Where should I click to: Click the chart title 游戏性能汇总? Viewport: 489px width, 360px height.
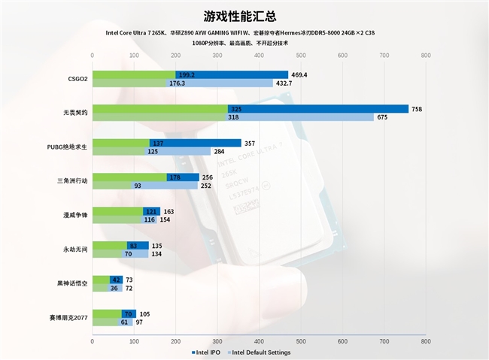tap(244, 15)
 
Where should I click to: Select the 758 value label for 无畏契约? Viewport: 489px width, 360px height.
tap(416, 109)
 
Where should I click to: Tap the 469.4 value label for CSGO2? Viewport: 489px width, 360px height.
tap(300, 74)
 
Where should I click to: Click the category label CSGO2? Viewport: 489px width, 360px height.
tap(77, 78)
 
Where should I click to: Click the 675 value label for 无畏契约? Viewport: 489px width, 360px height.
tap(382, 117)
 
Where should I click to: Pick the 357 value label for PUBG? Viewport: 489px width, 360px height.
tap(251, 143)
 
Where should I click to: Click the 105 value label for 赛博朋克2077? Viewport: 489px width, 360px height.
tap(144, 313)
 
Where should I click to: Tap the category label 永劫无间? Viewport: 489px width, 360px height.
tap(76, 250)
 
